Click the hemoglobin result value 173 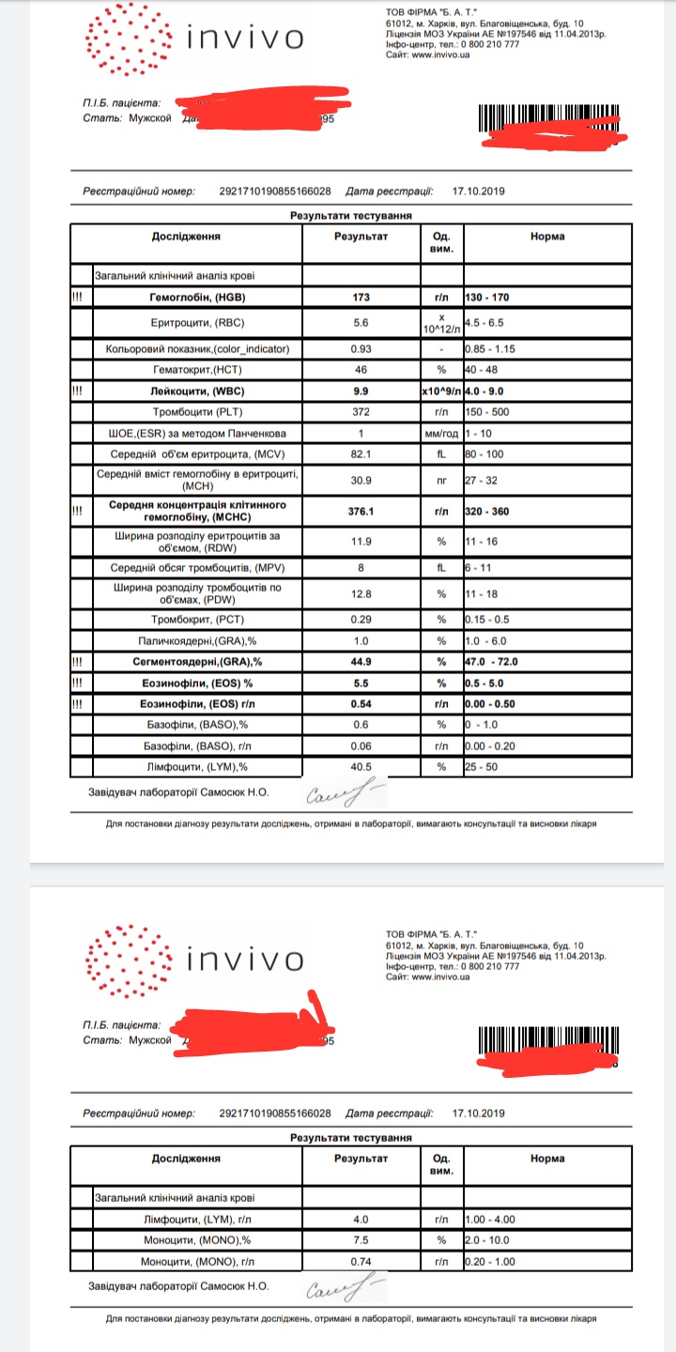coord(361,298)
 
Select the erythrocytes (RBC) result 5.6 coord(361,322)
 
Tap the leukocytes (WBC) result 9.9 coord(361,389)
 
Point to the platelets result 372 coord(361,412)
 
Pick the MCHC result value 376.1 coord(361,511)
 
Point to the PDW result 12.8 coord(361,593)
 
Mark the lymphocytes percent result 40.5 coord(361,766)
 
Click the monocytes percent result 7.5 coord(361,1238)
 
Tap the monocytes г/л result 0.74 coord(361,1261)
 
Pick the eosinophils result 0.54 coord(361,703)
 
